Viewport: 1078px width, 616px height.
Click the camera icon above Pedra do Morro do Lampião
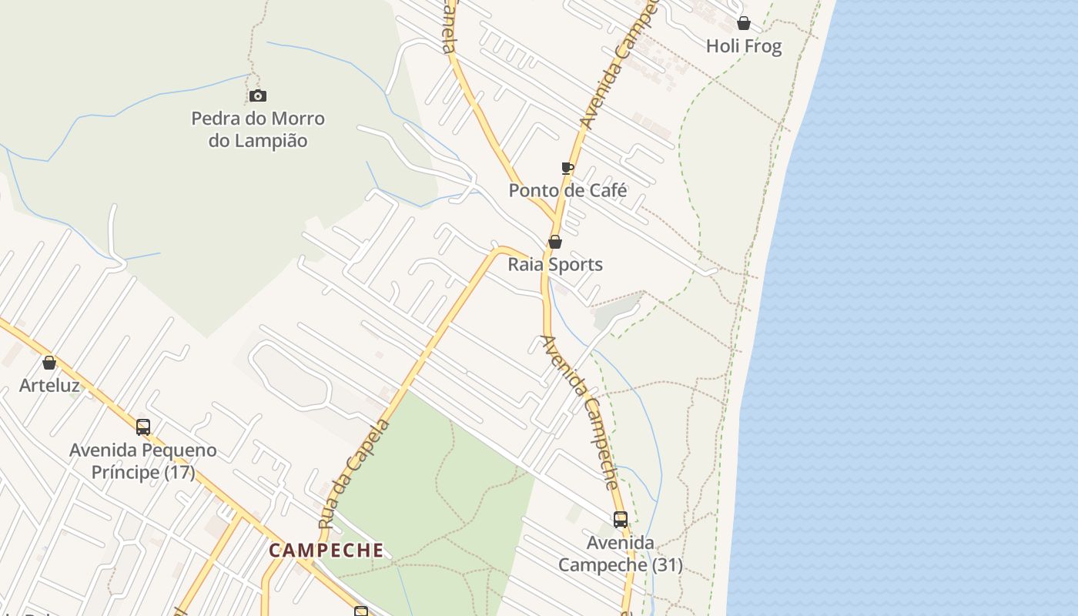coord(258,96)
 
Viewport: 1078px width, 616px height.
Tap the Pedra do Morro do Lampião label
coord(258,129)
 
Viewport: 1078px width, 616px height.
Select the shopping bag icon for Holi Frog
coord(744,23)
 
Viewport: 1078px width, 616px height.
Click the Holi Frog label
coord(744,46)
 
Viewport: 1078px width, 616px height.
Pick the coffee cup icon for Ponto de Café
coord(567,168)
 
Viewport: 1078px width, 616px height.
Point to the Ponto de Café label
coord(567,190)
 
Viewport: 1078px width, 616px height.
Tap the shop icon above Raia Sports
coord(554,242)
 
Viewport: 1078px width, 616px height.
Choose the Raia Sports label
coord(554,265)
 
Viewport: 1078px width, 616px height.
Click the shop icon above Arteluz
coord(49,363)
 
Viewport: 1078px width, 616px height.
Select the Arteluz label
coord(49,385)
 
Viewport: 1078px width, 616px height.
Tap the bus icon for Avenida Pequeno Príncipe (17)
coord(143,427)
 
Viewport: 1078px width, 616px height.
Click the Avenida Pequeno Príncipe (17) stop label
coord(143,460)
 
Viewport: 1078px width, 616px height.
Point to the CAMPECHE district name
coord(326,551)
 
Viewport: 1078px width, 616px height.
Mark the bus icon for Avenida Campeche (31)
coord(621,520)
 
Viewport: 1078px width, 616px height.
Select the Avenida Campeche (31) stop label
coord(621,554)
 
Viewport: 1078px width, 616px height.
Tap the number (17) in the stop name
coord(179,472)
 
